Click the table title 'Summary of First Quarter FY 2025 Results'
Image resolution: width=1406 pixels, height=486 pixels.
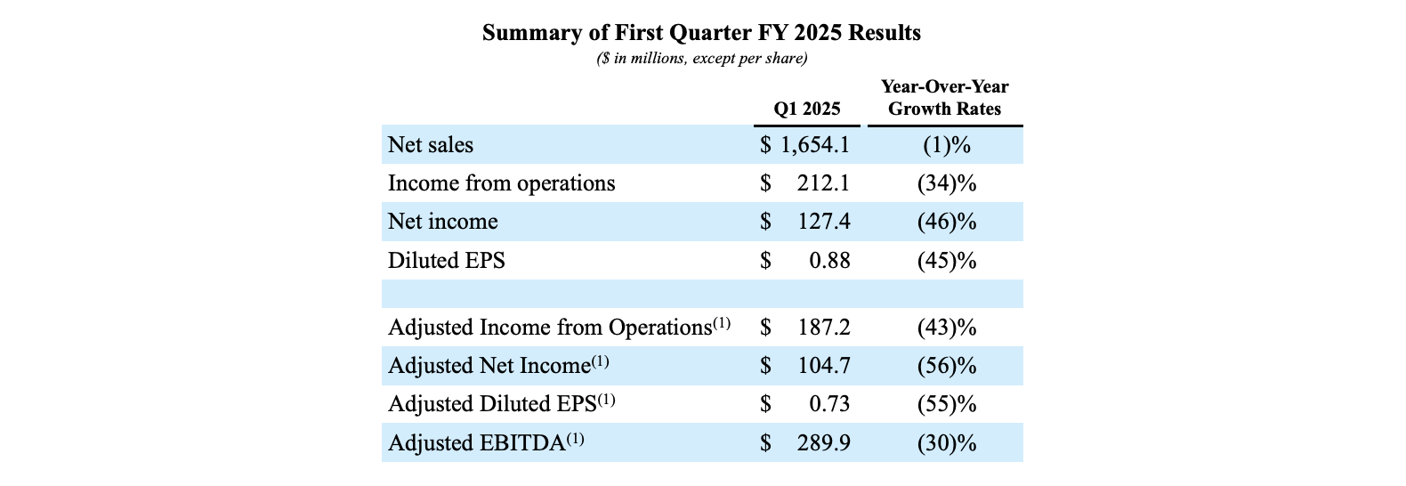point(701,33)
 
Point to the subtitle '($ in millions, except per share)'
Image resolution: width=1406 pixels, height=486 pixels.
point(701,59)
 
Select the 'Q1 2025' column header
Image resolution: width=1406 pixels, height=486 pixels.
point(806,109)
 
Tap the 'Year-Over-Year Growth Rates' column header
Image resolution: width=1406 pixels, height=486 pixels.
point(944,98)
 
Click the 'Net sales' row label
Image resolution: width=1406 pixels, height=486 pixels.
point(431,145)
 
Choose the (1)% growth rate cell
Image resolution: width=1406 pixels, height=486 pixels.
point(946,145)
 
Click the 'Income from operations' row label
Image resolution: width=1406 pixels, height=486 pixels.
point(501,183)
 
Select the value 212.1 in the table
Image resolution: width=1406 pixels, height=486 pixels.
point(824,183)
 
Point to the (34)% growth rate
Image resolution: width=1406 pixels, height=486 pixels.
point(946,183)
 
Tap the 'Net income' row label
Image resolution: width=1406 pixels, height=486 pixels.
point(442,222)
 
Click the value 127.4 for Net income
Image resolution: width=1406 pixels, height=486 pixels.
point(824,222)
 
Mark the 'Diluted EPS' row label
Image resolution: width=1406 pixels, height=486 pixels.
point(446,261)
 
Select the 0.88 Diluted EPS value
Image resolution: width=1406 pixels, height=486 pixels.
point(829,261)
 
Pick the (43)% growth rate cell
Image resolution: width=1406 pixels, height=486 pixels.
point(946,328)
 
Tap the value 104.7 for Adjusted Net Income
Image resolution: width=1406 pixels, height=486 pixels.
point(824,366)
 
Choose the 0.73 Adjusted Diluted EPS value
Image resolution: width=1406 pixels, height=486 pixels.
point(829,404)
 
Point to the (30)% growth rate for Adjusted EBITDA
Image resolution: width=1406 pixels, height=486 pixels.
point(946,442)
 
